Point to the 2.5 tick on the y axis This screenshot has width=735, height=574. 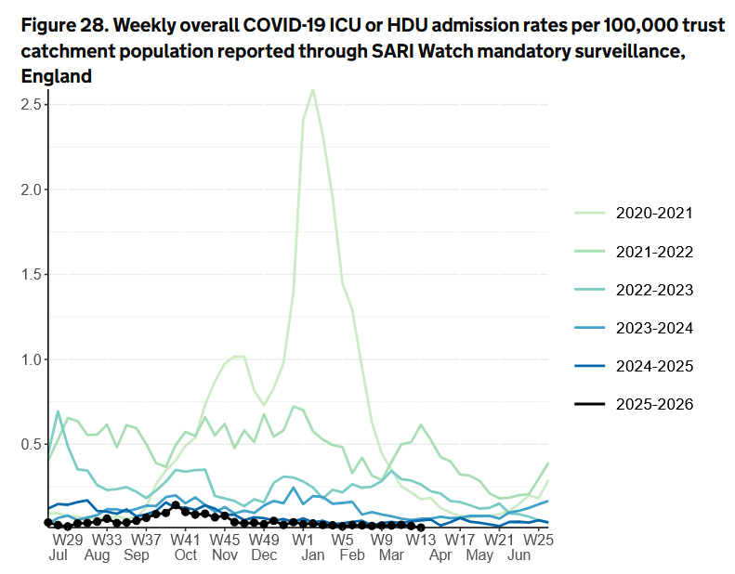33,104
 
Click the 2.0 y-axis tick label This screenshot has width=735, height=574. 33,189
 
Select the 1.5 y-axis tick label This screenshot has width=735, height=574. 33,274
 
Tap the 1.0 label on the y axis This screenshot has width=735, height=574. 33,359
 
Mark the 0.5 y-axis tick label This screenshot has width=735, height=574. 33,444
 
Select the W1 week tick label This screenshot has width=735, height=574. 303,539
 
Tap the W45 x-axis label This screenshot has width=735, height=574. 225,539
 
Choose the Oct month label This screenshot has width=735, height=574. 185,555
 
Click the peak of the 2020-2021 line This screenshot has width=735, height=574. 312,90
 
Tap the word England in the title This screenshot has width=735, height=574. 56,77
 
